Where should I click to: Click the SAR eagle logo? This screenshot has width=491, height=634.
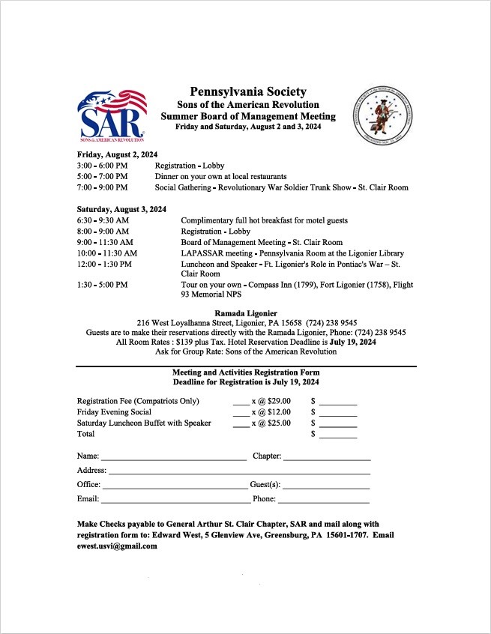click(112, 115)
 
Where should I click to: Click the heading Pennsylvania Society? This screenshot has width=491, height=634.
click(247, 91)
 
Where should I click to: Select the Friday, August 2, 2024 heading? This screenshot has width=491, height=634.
click(117, 154)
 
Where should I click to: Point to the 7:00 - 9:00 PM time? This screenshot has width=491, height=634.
click(102, 187)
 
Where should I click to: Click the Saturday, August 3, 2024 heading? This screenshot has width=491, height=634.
click(121, 209)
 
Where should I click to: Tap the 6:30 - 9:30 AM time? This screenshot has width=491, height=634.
click(103, 220)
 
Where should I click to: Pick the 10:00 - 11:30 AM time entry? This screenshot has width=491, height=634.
click(106, 253)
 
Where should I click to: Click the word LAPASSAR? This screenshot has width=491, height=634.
click(202, 253)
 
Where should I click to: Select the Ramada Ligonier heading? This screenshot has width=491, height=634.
click(246, 313)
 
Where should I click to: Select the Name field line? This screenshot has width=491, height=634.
click(174, 458)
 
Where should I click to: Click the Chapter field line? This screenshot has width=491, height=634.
click(327, 458)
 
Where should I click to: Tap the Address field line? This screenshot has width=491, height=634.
click(239, 472)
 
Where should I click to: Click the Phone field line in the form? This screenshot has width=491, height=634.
click(323, 501)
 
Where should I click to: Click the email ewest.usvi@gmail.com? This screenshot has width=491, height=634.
click(117, 546)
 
